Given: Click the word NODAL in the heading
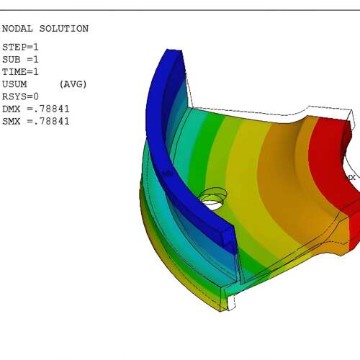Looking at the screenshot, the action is (17, 29).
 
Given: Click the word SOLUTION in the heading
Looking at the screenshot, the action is (64, 29).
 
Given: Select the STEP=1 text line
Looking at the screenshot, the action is (20, 47).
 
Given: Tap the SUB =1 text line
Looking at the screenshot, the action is (20, 60).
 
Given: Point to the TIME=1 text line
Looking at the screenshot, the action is (20, 72).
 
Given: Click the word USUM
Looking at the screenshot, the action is (14, 84).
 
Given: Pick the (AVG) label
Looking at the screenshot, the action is (73, 84).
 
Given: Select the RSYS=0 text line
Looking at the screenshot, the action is (20, 96).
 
